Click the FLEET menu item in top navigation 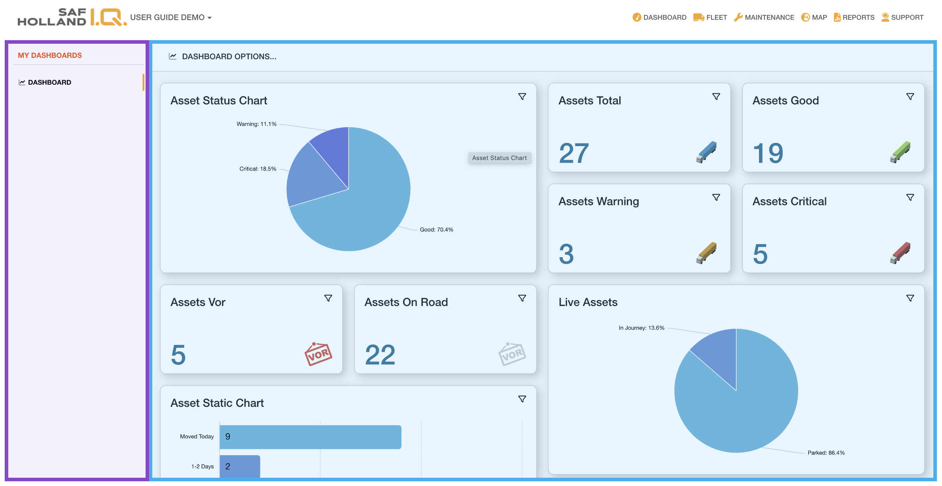coord(710,17)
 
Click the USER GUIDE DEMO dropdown coord(171,17)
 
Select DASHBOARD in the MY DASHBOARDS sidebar coord(49,82)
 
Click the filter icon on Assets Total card coord(716,96)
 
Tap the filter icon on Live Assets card coord(910,298)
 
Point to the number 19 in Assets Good coord(768,153)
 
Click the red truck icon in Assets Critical coord(900,253)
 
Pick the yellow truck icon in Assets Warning coord(706,253)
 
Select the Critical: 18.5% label coord(258,169)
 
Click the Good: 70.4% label coord(436,230)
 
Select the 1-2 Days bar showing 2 coord(240,466)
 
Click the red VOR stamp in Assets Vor coord(318,354)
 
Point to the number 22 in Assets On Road coord(380,355)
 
